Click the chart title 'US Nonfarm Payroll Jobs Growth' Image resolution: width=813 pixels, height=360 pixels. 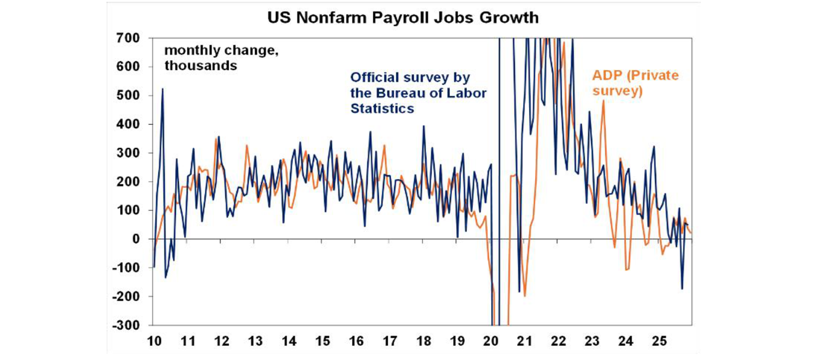402,18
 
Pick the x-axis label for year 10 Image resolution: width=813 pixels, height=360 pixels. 153,340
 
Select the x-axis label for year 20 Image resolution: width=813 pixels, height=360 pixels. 491,340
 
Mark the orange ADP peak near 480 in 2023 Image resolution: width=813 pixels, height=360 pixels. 603,101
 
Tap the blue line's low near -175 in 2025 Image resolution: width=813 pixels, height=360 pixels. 682,289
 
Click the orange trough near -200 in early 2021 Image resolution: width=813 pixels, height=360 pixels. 525,296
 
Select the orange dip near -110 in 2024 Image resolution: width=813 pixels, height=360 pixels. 626,270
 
